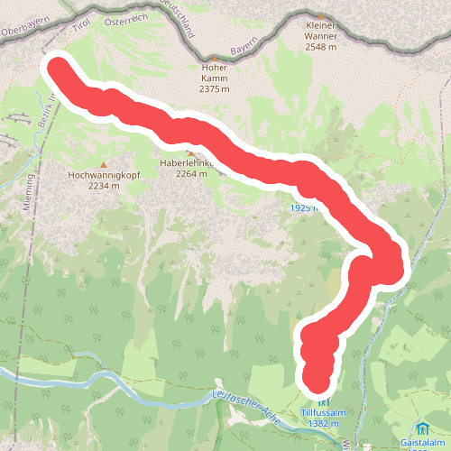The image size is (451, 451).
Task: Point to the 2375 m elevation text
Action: (214, 88)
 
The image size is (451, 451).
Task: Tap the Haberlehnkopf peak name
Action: (184, 163)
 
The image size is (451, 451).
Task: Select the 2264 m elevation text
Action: (191, 174)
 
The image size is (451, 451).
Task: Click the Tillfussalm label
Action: (324, 412)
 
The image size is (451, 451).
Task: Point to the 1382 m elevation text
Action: (324, 423)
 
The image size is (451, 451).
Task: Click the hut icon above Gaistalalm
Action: (422, 427)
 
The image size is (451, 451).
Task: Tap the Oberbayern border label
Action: (23, 30)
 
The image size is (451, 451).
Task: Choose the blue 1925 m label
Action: (304, 208)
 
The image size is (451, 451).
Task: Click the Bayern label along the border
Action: (244, 45)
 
